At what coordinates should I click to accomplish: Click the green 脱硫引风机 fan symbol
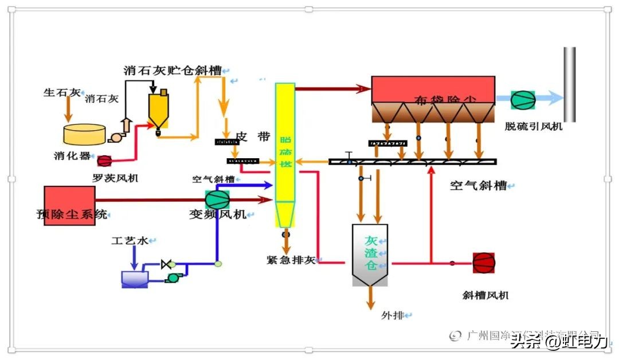(x=523, y=99)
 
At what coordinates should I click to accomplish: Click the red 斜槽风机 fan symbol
(x=483, y=263)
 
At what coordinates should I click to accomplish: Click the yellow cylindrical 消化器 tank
(x=84, y=134)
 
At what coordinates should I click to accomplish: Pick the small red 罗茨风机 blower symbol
(x=104, y=161)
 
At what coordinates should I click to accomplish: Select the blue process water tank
(x=135, y=279)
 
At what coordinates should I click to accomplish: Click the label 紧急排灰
(x=291, y=260)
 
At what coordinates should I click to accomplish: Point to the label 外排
(x=393, y=315)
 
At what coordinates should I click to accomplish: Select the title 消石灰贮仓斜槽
(x=173, y=71)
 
